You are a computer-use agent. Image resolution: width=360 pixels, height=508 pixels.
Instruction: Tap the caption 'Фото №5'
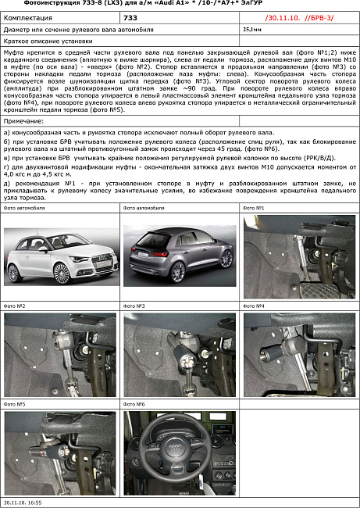click(16, 405)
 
